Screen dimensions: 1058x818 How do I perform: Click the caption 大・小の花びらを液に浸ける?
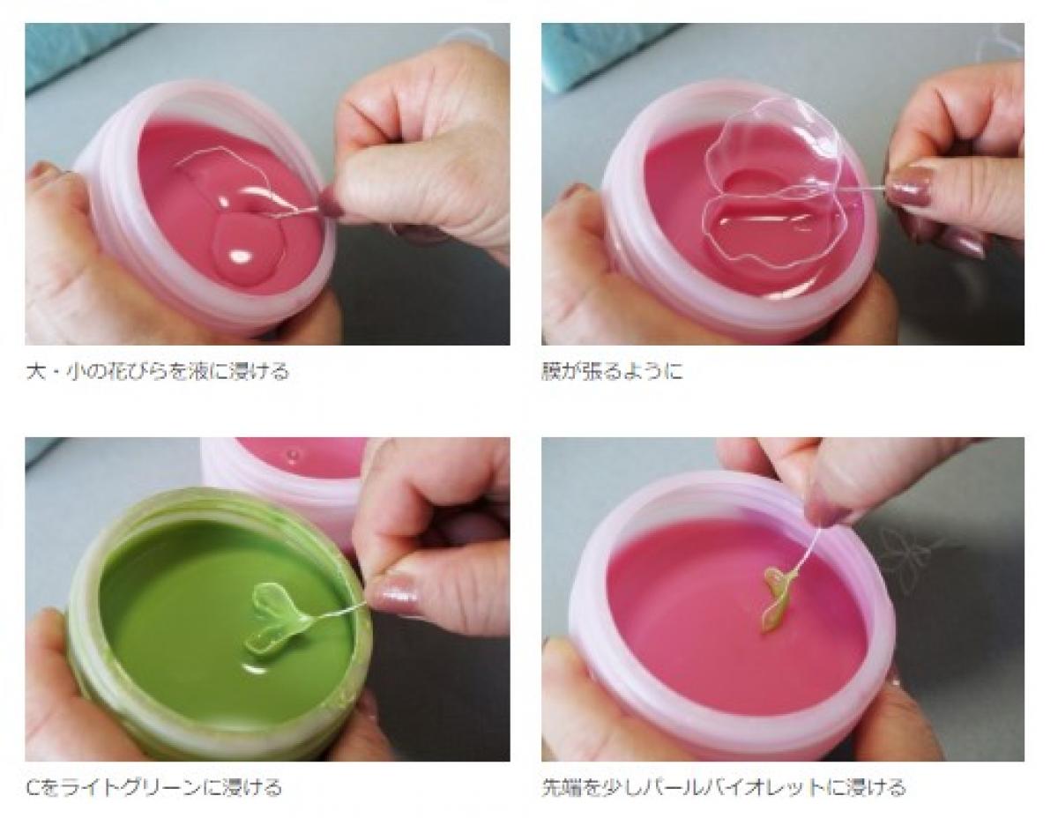tap(157, 372)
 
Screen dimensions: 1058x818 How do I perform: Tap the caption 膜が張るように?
tap(612, 372)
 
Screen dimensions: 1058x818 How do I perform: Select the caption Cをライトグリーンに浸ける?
tap(154, 787)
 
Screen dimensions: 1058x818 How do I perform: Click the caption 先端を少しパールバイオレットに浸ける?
tap(724, 787)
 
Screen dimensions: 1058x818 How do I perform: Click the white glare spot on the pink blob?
tap(241, 255)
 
